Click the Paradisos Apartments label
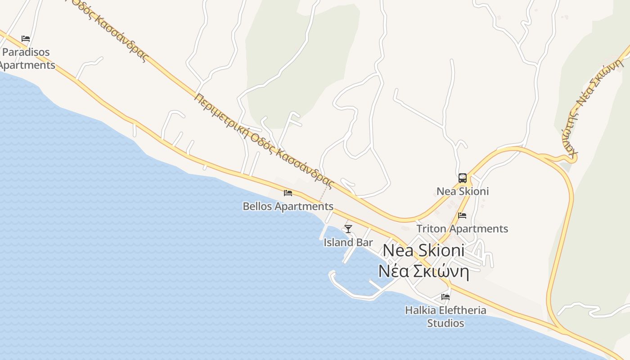coord(26,58)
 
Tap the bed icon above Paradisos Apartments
coord(26,39)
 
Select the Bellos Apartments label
coord(288,207)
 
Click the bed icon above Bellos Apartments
coord(288,193)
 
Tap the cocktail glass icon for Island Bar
coord(348,229)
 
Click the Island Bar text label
coord(348,243)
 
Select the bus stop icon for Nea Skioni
coord(463,178)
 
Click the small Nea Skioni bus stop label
coord(463,191)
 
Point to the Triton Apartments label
coord(462,229)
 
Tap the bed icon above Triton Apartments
coord(462,216)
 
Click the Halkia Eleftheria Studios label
coord(445,316)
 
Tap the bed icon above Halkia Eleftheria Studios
coord(445,297)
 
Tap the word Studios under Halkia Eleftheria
coord(445,323)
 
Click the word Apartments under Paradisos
coord(27,65)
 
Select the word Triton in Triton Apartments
coord(432,229)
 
